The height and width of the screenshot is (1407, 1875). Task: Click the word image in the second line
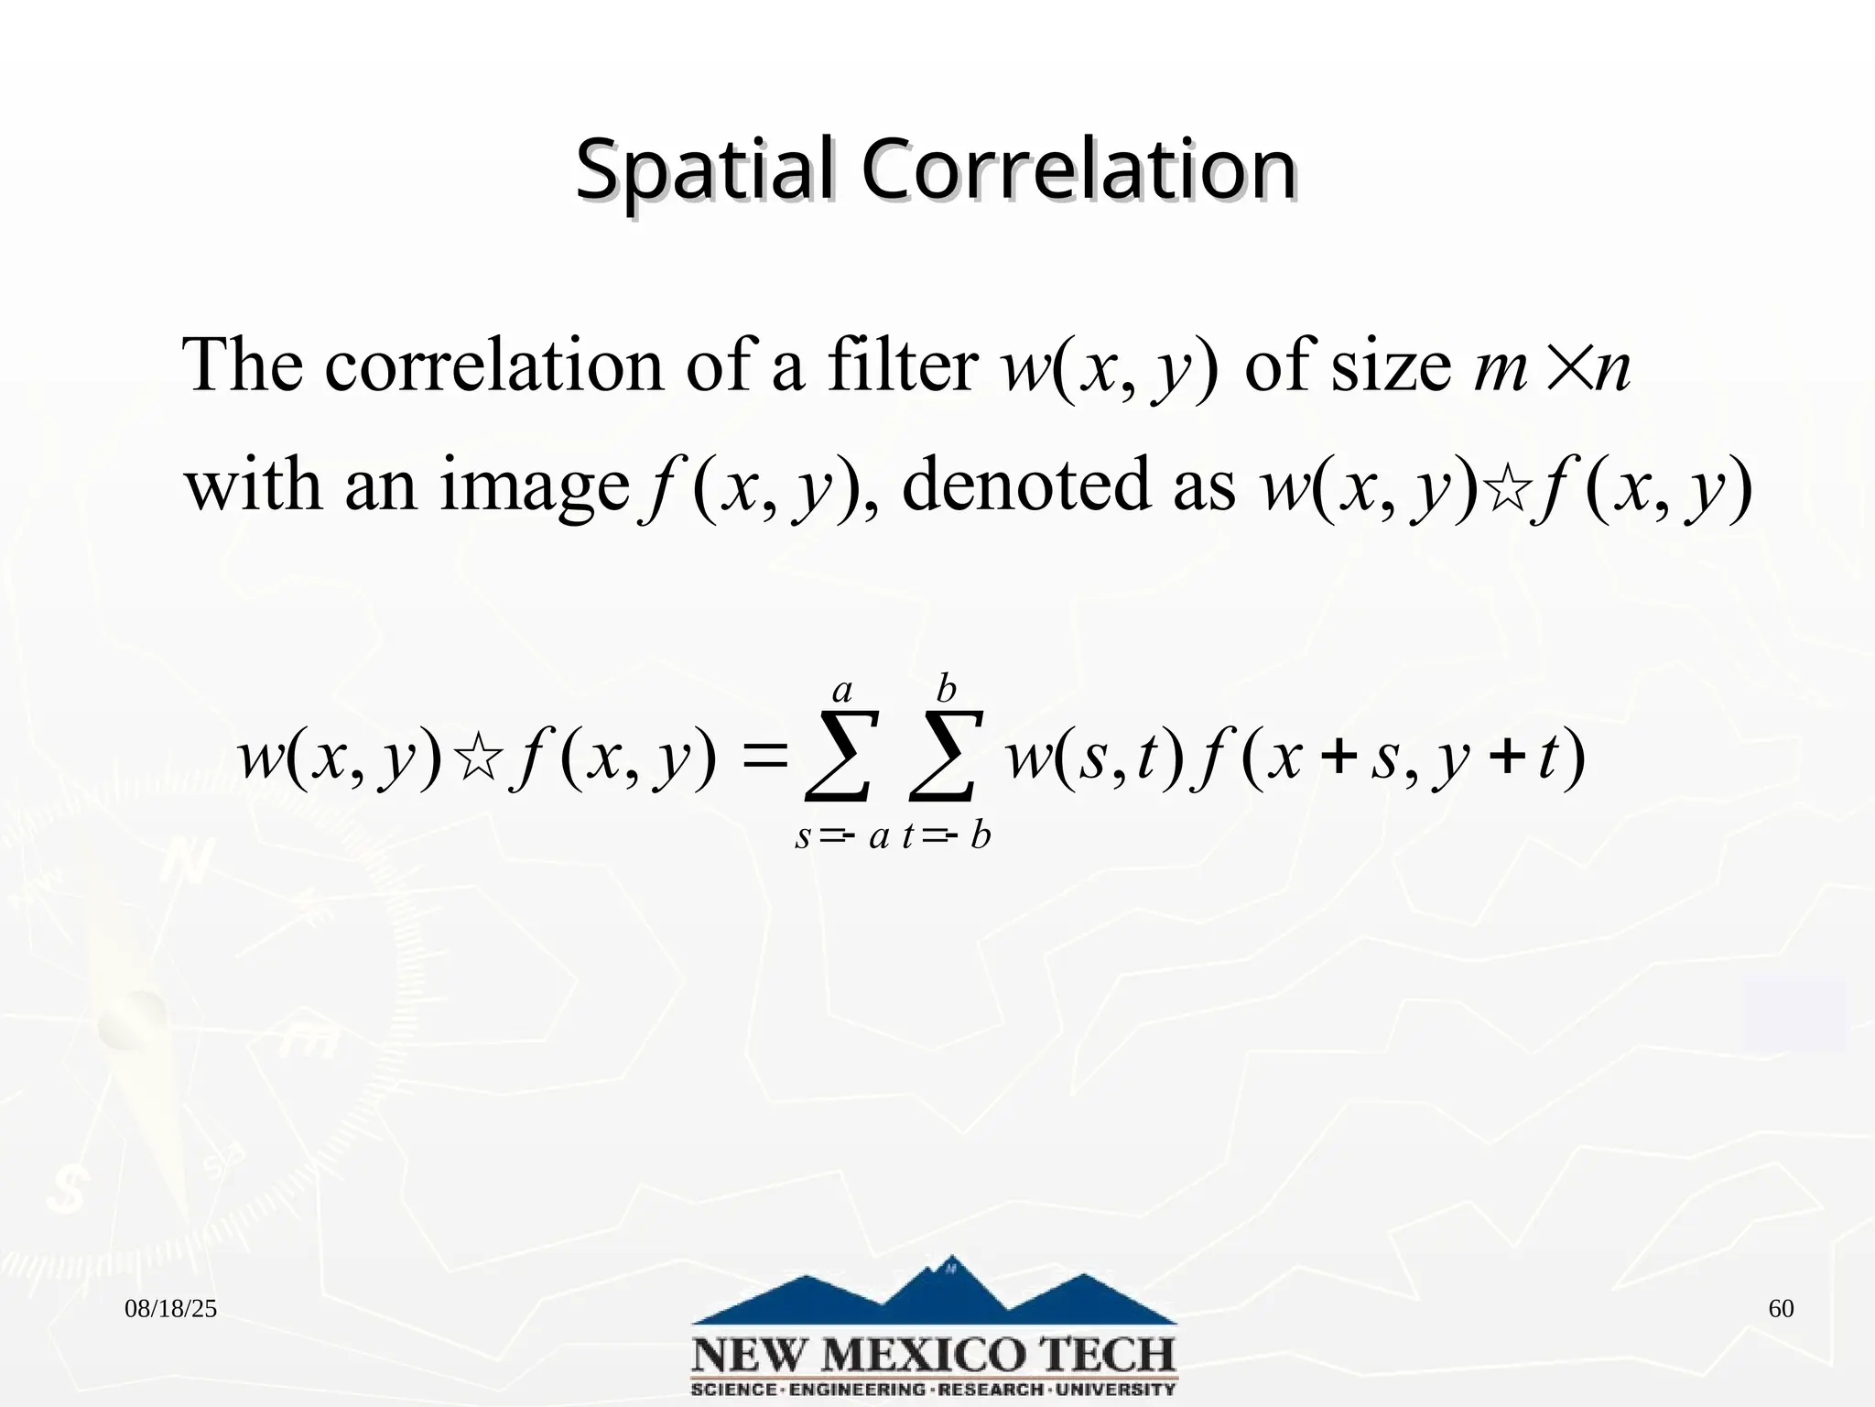[534, 485]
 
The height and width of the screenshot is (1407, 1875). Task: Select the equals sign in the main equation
[759, 759]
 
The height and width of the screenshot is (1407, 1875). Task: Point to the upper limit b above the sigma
[947, 689]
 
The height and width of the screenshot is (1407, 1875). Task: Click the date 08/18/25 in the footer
[171, 1309]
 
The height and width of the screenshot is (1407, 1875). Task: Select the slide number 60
[1781, 1309]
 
